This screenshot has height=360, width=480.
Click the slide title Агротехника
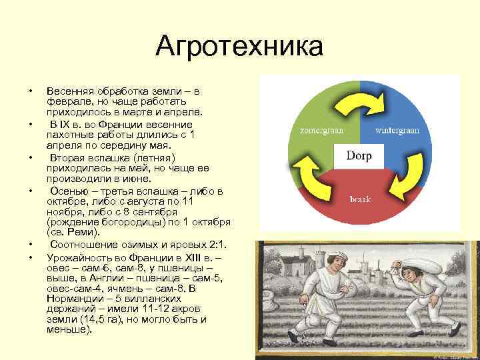coord(239,47)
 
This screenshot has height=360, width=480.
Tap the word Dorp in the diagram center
coord(359,157)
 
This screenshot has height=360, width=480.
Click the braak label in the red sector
coord(360,199)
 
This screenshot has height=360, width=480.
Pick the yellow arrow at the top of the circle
coord(361,103)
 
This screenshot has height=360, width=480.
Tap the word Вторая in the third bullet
coord(68,158)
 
